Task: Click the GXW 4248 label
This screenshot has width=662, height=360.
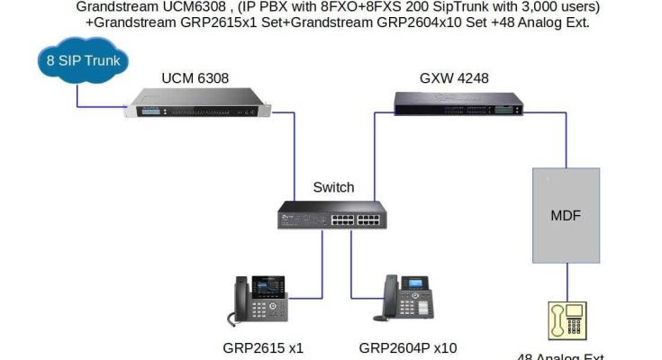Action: [454, 78]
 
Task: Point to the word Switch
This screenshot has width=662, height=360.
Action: [333, 187]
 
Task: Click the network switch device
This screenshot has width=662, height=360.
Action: [332, 213]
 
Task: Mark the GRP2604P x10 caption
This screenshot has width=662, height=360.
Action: [408, 347]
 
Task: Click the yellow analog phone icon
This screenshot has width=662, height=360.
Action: [566, 322]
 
